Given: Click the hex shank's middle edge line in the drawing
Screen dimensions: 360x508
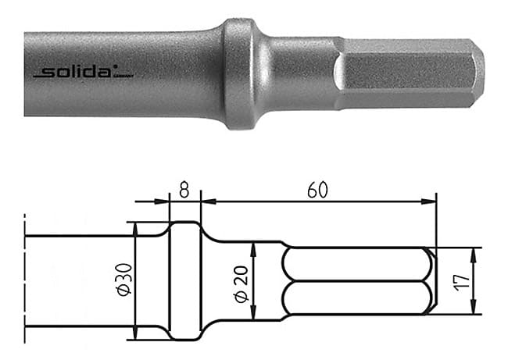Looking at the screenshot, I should (x=356, y=281).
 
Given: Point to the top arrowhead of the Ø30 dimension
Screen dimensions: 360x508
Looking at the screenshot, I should (x=135, y=227).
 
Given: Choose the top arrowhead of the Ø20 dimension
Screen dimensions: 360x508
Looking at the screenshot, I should (x=253, y=247).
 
